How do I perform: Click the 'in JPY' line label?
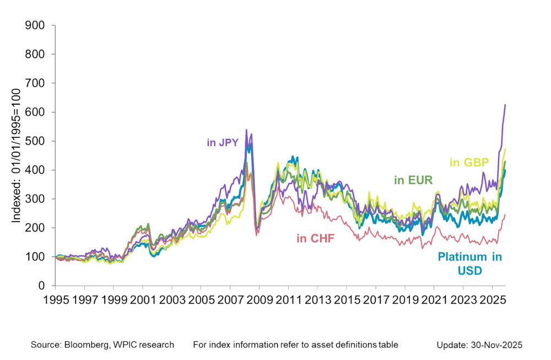(222, 142)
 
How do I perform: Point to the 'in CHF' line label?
(315, 238)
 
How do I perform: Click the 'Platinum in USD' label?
(470, 263)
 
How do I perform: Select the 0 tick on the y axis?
(41, 286)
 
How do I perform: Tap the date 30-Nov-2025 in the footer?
(494, 345)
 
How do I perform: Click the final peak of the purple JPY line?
(505, 105)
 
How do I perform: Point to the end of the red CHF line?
(505, 215)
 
